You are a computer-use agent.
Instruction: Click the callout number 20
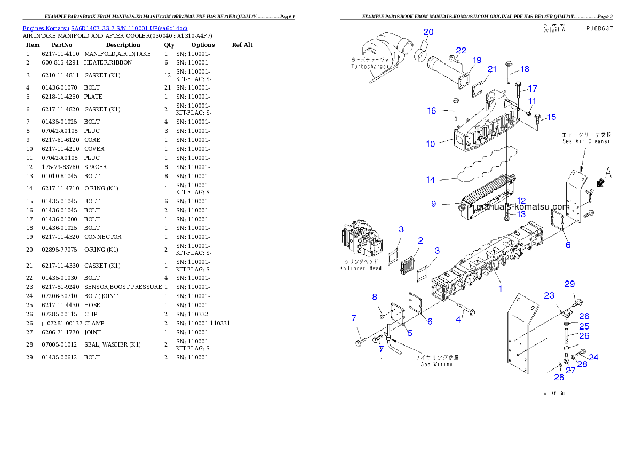[428, 32]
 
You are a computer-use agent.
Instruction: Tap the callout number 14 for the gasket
[431, 180]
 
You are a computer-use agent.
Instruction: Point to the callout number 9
[434, 204]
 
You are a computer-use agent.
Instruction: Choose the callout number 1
[500, 289]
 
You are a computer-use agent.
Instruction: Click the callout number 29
[570, 283]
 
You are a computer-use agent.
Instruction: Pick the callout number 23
[549, 295]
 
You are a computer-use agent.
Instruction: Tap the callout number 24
[593, 358]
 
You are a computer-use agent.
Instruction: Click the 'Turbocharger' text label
[369, 67]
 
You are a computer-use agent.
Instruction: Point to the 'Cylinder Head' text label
[361, 268]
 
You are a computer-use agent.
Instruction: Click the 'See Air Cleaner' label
[585, 141]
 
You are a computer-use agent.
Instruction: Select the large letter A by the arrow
[608, 172]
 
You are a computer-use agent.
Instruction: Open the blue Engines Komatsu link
[105, 28]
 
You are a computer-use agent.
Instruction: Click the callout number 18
[525, 69]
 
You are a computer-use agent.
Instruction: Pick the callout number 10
[431, 144]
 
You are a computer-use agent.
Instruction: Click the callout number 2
[420, 241]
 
